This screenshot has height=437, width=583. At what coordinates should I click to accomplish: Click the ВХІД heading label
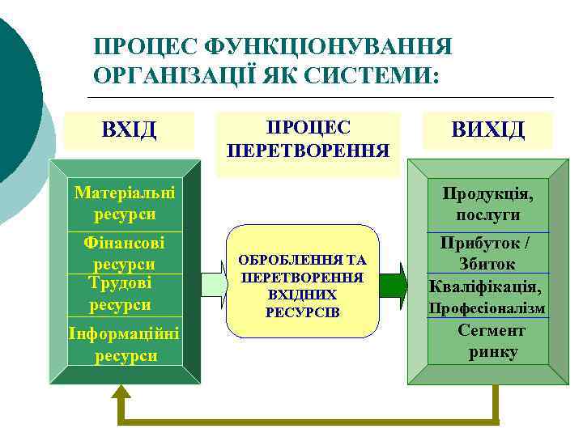tap(129, 129)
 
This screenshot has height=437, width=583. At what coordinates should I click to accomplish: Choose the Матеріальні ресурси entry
tap(125, 204)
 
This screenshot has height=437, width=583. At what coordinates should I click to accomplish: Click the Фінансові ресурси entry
tap(125, 252)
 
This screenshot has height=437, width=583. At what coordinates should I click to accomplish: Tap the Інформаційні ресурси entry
tap(125, 345)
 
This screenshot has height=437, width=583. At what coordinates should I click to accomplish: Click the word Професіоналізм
tap(487, 308)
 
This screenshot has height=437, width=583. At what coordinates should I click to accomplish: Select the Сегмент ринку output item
tap(492, 342)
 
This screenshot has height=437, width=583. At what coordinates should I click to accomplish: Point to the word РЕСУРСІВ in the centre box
tap(303, 312)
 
